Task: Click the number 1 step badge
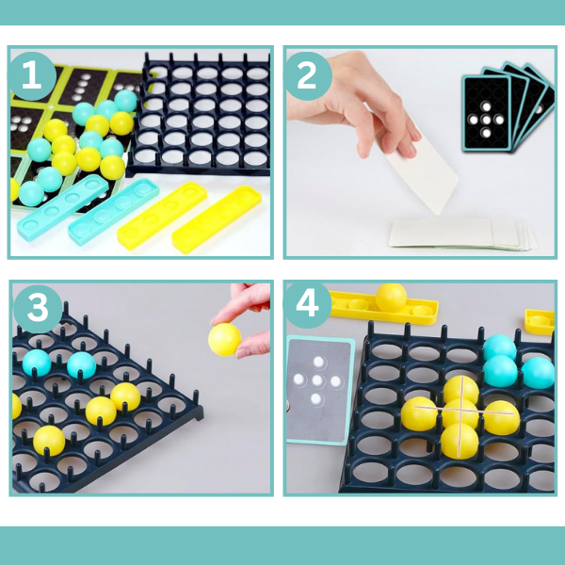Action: click(x=32, y=76)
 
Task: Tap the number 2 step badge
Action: click(x=307, y=76)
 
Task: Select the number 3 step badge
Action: click(x=38, y=309)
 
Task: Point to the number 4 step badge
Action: click(x=307, y=305)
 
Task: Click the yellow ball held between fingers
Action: click(x=224, y=339)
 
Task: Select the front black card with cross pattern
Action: click(x=487, y=113)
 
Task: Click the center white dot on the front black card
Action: click(x=487, y=120)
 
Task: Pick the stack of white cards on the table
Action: click(x=463, y=234)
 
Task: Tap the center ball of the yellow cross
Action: click(x=460, y=413)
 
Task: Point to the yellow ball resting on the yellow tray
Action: click(x=391, y=298)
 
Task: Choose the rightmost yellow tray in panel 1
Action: click(x=217, y=219)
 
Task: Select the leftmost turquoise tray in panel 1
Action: click(x=63, y=207)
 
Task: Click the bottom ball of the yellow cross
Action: click(x=460, y=441)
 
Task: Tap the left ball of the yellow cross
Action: click(x=419, y=413)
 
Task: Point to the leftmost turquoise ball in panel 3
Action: click(x=37, y=363)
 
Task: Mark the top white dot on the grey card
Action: click(x=318, y=362)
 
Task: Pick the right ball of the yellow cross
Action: click(x=501, y=417)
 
